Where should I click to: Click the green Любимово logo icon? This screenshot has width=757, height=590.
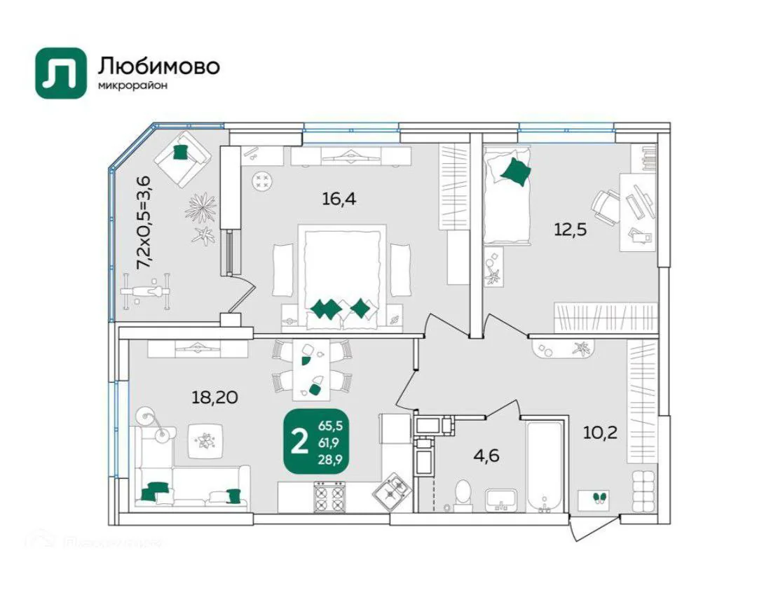click(60, 73)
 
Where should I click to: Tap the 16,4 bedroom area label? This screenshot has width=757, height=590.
click(339, 199)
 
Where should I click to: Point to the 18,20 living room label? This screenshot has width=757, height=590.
click(214, 398)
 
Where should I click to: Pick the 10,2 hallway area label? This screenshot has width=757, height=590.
click(600, 432)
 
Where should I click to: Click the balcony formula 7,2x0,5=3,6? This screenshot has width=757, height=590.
click(143, 222)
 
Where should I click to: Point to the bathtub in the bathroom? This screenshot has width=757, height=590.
click(544, 465)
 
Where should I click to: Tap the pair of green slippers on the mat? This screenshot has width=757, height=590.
click(598, 498)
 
